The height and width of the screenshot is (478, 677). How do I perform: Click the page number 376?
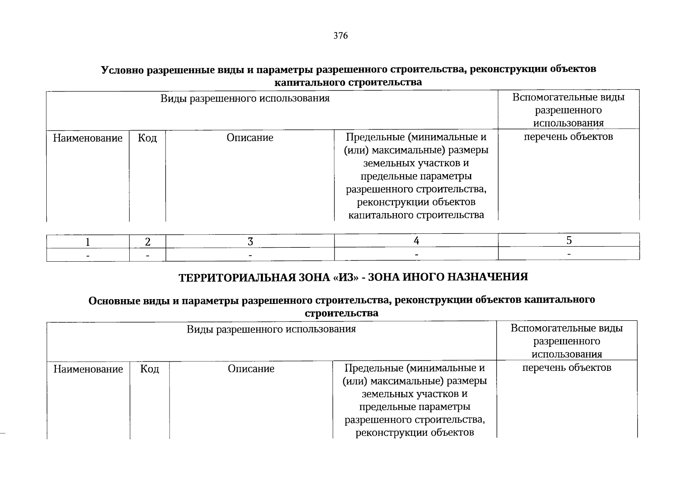[x=340, y=36]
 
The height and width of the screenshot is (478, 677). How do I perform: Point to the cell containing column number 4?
[x=416, y=241]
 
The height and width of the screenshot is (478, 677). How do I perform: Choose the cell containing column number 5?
[x=569, y=240]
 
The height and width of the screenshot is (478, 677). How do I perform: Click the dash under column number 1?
[x=88, y=255]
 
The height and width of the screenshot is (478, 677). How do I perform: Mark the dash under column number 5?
[x=569, y=254]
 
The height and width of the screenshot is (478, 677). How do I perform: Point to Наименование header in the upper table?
[x=88, y=138]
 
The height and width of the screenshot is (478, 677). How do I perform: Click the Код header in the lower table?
[x=150, y=369]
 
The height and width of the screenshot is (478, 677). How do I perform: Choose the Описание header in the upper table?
[x=250, y=138]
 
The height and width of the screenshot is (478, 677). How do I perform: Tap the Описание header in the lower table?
[x=251, y=369]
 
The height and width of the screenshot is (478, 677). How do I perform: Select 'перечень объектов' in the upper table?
[x=568, y=137]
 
